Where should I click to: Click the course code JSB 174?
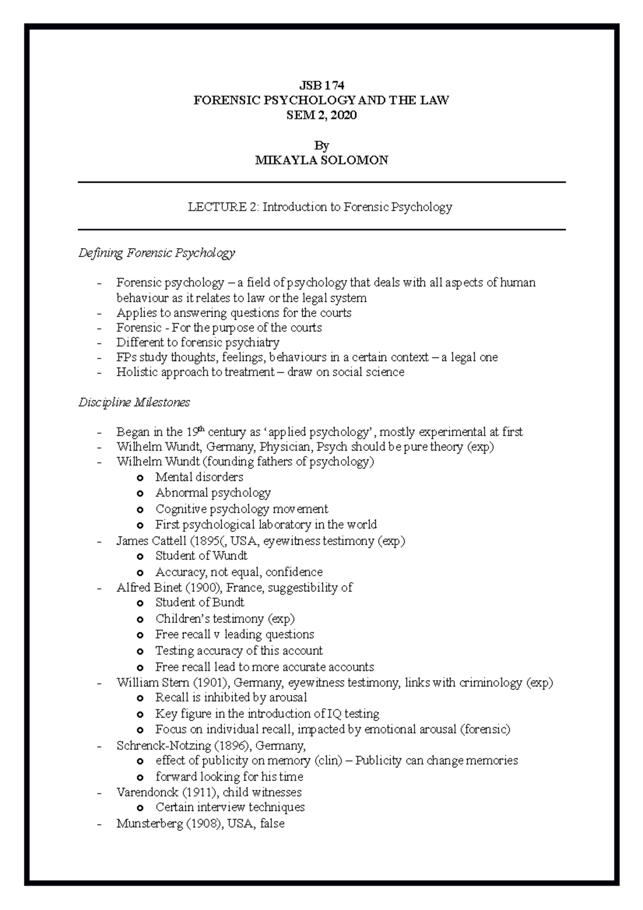coord(321,85)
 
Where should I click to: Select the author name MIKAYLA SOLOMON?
coord(321,160)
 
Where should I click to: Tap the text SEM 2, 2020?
coord(321,115)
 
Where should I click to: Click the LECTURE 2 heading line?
coord(320,207)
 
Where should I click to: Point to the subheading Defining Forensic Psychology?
coord(156,252)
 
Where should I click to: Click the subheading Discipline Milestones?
coord(134,402)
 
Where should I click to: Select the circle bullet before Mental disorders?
coord(140,478)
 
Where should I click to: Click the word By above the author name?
coord(322,145)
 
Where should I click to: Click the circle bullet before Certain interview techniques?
coord(140,808)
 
